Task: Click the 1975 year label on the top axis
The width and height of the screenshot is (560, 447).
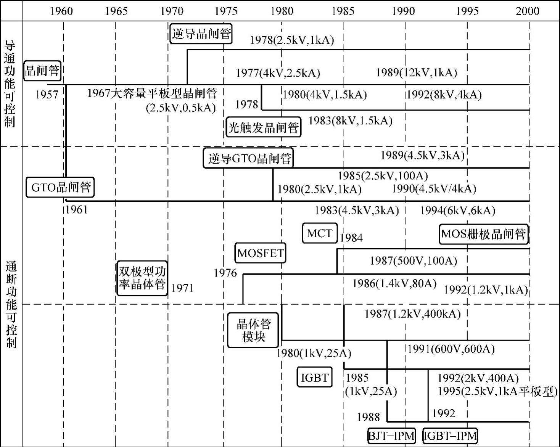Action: pos(226,11)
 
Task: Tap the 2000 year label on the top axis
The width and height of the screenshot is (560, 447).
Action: pos(528,11)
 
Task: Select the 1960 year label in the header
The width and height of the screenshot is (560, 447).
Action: pos(61,11)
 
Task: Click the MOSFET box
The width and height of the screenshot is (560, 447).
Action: pos(260,253)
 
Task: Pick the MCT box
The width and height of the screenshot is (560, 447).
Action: pos(320,233)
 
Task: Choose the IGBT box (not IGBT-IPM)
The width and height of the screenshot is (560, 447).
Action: pos(314,378)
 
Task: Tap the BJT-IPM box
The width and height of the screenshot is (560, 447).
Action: pos(391,436)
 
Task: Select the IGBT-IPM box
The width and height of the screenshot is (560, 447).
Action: pos(450,436)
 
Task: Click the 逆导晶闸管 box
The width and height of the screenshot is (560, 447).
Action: pos(201,34)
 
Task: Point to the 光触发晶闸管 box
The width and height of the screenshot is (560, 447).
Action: pos(263,127)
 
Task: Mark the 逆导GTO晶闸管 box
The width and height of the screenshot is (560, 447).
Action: pos(248,158)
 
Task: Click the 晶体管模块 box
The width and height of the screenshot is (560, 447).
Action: pos(253,330)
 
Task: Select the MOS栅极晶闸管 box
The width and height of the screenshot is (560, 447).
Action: pos(484,234)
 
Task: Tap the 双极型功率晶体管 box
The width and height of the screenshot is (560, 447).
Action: pos(142,278)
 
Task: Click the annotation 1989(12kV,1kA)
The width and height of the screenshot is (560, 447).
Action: pos(416,72)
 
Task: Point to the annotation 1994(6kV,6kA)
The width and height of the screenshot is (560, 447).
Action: pos(457,210)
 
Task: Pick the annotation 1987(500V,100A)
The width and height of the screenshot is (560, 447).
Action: pos(413,260)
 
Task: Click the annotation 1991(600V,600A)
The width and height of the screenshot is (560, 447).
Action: pos(451,349)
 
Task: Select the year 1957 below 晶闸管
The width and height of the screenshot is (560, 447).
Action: pos(47,94)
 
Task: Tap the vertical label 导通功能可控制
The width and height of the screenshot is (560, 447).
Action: pos(10,84)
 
